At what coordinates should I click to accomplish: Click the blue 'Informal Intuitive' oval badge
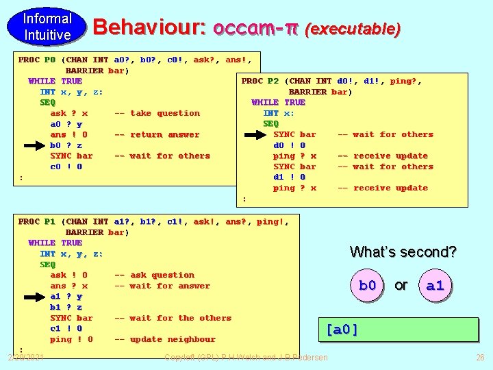coord(47,27)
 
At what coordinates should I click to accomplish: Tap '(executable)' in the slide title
coord(353,29)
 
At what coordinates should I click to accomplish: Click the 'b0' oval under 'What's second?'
coord(368,285)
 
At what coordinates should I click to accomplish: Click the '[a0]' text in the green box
coord(342,330)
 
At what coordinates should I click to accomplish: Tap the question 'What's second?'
coord(403,251)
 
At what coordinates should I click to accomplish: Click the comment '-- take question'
coord(157,113)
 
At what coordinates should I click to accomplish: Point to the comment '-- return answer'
coord(157,134)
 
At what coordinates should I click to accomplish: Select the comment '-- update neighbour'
coord(164,339)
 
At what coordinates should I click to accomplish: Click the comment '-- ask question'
coord(154,275)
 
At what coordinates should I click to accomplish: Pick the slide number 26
coord(480,357)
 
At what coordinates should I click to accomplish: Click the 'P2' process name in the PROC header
coord(273,81)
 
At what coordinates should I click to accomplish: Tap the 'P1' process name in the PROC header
coord(49,221)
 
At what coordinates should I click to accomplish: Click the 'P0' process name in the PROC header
coord(49,60)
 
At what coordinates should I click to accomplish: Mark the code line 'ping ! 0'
coord(72,339)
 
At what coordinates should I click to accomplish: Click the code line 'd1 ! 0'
coord(290,177)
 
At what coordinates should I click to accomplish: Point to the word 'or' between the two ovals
coord(401,285)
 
